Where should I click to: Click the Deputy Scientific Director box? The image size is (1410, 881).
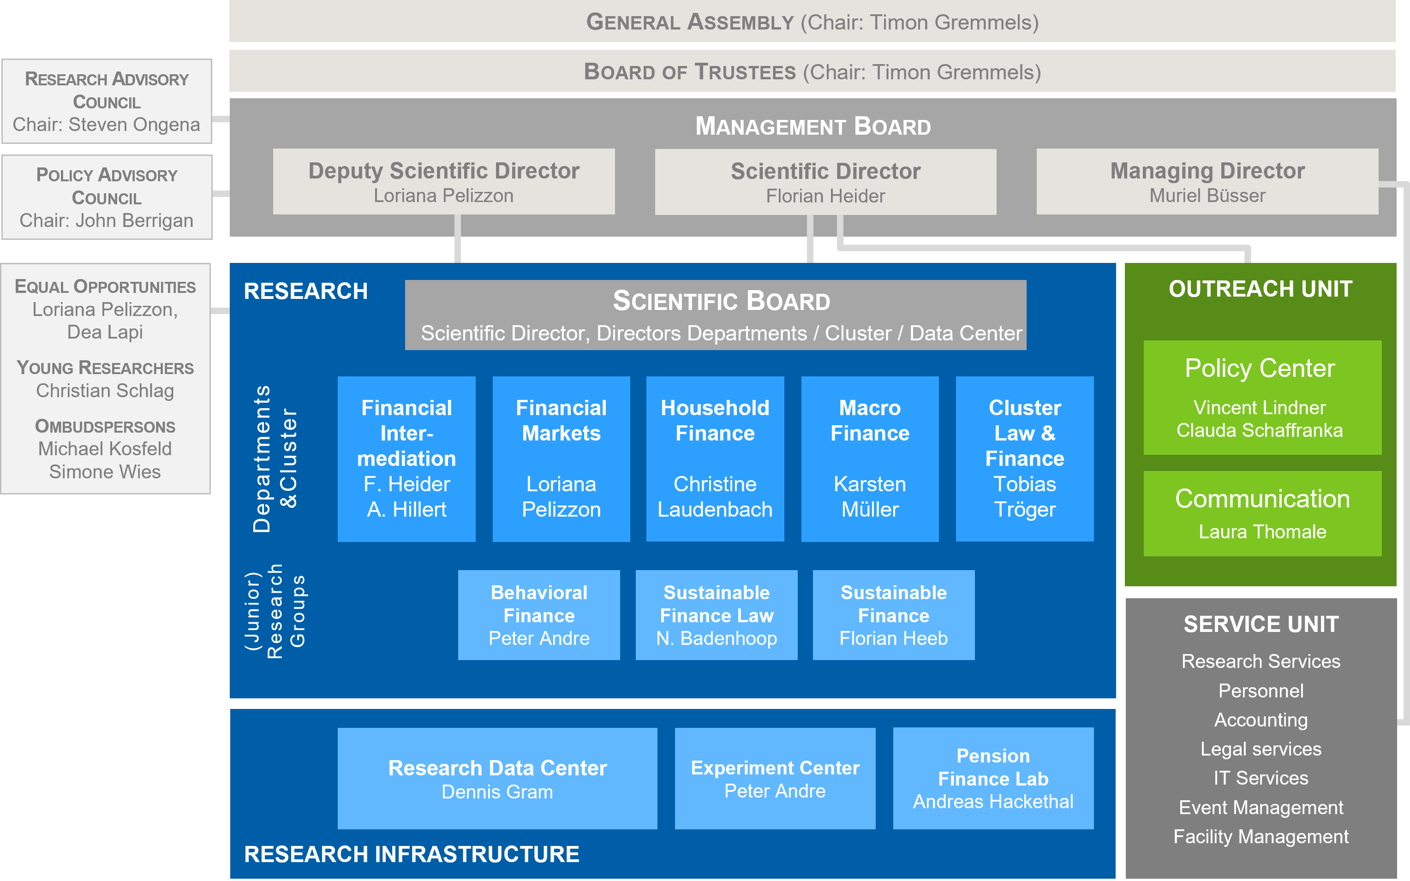click(x=443, y=181)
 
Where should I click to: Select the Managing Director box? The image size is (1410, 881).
click(x=1207, y=181)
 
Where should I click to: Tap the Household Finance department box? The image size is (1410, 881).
click(x=715, y=458)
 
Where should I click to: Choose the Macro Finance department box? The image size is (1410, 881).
click(x=870, y=458)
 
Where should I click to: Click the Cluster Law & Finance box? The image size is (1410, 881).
click(x=1024, y=458)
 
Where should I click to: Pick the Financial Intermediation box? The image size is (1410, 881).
click(x=406, y=458)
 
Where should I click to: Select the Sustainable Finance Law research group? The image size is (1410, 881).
click(x=716, y=615)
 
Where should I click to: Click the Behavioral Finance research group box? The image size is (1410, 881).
click(x=539, y=615)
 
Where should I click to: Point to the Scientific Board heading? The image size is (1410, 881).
click(x=721, y=301)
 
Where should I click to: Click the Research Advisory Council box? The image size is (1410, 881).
click(x=107, y=101)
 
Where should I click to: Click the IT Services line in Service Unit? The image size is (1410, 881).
click(x=1261, y=778)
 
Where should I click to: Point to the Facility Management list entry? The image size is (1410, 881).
click(x=1261, y=837)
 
